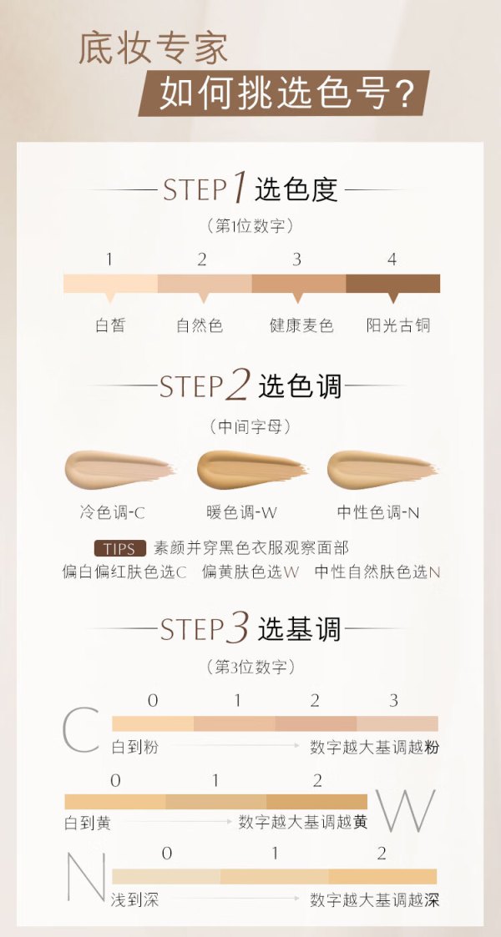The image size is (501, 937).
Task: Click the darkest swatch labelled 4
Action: pos(392,283)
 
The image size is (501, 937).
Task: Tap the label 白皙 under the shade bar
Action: pos(110,325)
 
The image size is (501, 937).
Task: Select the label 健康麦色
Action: pos(301,325)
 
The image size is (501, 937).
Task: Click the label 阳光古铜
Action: pos(398,325)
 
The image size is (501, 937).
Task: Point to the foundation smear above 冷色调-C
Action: pos(119,469)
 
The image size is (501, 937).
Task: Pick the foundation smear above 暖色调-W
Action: pos(251,469)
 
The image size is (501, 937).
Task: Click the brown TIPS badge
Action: pos(120,548)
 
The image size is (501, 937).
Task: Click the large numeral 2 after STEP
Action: pos(237,385)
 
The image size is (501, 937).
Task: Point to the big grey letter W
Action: pos(406,810)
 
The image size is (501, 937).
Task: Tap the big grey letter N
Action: pos(86,876)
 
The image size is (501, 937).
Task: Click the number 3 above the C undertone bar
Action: pos(393,700)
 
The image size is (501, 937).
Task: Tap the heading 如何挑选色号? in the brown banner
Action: pos(287,93)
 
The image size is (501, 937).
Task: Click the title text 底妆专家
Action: pos(153,49)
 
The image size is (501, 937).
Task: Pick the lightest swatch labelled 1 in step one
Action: pos(110,283)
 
